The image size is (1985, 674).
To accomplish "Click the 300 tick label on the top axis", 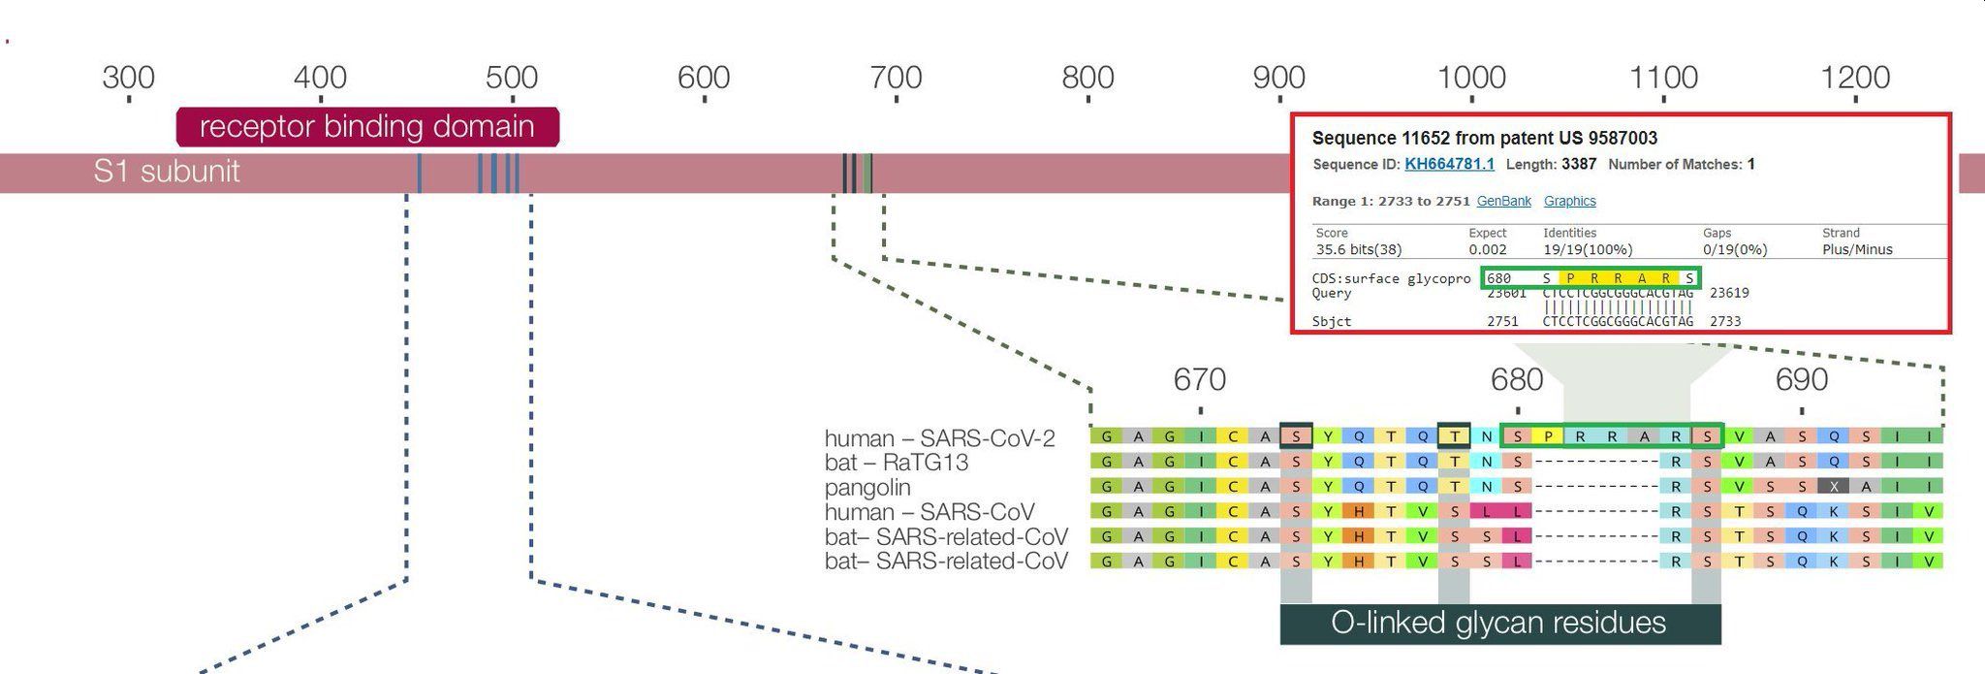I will (x=128, y=78).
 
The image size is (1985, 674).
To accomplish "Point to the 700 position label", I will (x=895, y=78).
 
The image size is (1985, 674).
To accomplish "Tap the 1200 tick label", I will (x=1855, y=78).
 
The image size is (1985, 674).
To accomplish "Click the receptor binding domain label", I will (x=367, y=127).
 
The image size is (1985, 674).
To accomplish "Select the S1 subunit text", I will (x=167, y=172).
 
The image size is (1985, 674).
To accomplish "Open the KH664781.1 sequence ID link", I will (x=1449, y=164).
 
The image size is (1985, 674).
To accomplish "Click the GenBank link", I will (x=1503, y=201).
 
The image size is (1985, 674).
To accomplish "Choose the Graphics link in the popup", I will (x=1569, y=201).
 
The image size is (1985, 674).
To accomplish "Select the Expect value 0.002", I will (x=1487, y=249).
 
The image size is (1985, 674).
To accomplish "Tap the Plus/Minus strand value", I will (x=1857, y=249).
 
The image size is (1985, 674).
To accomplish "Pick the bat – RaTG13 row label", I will (x=896, y=463).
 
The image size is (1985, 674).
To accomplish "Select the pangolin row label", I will (x=867, y=487).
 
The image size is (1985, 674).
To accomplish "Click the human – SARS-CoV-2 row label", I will (x=939, y=438).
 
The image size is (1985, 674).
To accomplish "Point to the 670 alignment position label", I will (x=1200, y=379).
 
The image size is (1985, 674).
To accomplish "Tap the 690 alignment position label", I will (x=1802, y=379).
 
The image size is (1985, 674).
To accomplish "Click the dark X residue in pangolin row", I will (x=1833, y=487).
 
